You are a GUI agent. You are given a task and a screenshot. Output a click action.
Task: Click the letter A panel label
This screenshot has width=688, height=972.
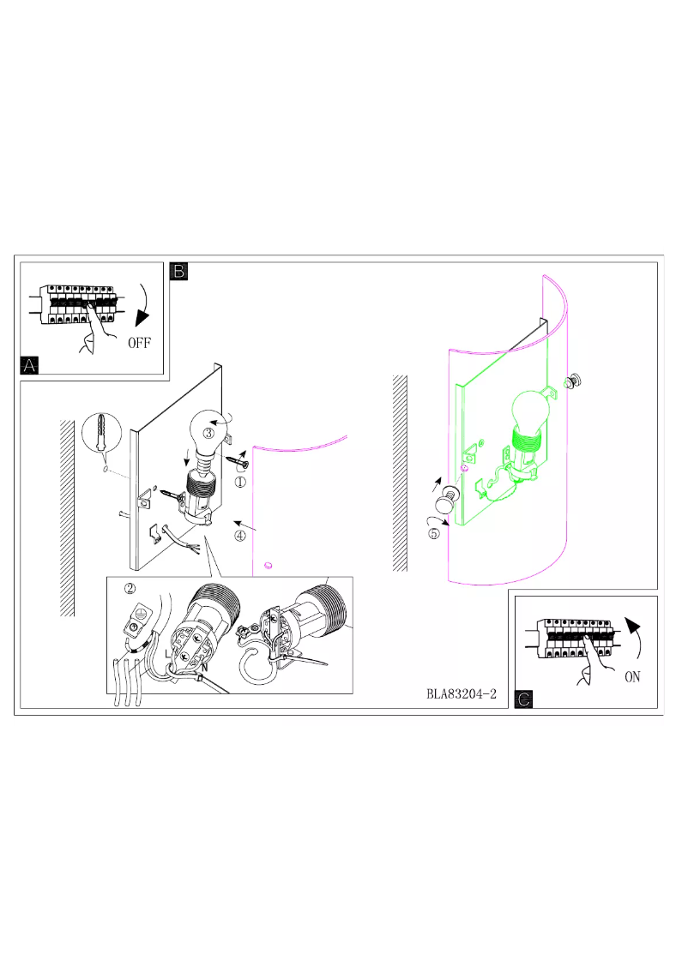(30, 366)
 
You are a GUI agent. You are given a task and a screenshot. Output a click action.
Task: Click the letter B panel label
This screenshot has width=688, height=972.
(179, 272)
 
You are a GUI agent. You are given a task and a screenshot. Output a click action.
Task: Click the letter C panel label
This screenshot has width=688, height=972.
(522, 699)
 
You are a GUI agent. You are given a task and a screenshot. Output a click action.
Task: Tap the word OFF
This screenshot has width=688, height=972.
(139, 343)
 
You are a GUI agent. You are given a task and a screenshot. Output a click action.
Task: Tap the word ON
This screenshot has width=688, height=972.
(632, 676)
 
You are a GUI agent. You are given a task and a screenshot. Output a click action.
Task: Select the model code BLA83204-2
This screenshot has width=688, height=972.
(462, 693)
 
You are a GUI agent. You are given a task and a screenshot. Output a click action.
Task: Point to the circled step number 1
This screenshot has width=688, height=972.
(241, 483)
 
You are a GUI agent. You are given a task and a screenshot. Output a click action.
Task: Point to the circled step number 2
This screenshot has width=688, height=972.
(130, 589)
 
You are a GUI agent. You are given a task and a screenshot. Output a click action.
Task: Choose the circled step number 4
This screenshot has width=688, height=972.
(241, 536)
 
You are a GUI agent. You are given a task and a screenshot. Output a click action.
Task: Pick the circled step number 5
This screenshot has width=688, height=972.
(434, 533)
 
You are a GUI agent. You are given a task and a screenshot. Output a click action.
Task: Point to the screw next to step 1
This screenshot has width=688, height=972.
(237, 463)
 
